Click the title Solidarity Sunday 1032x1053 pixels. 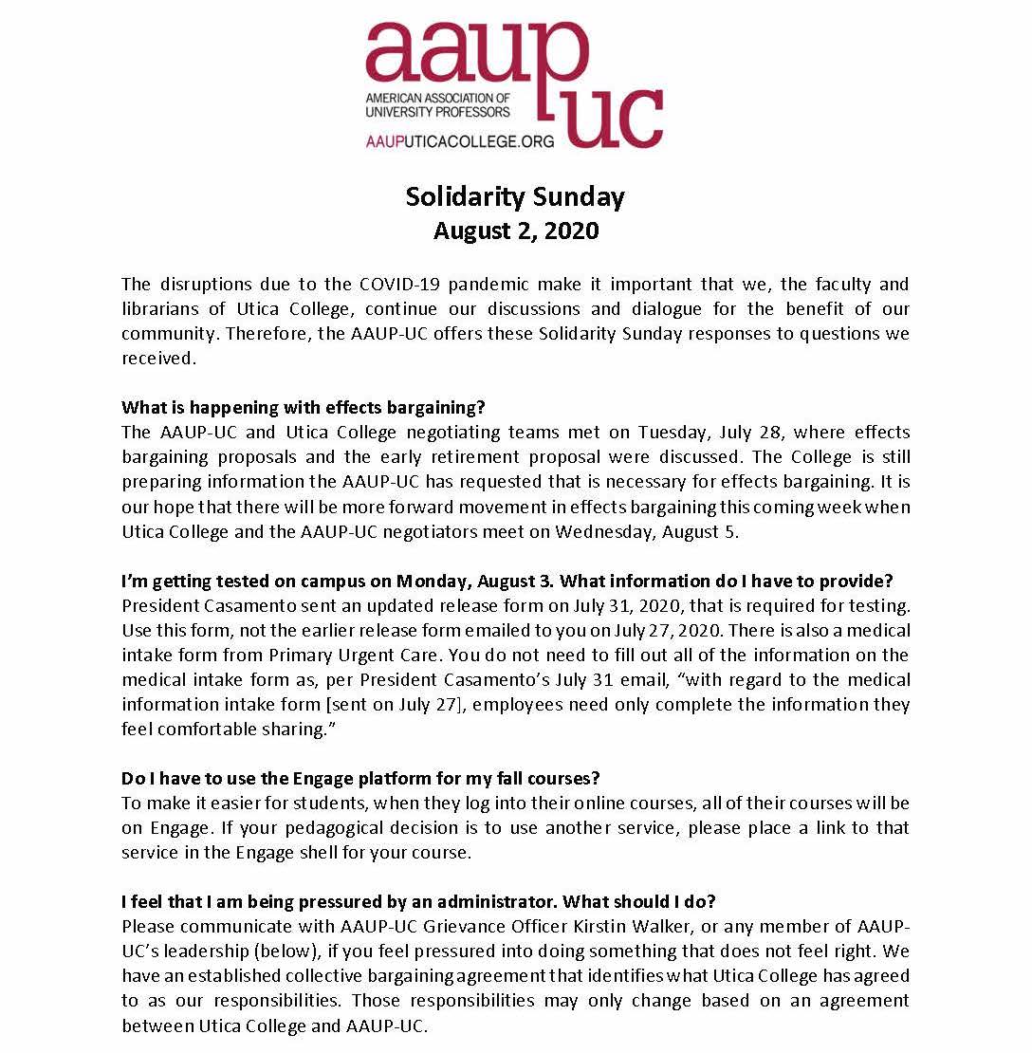[515, 196]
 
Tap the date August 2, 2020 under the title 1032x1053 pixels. [515, 231]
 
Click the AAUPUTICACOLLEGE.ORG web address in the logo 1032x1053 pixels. [447, 140]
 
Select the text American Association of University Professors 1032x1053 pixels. [437, 105]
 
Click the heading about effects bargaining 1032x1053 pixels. [304, 408]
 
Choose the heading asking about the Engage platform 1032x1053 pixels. [360, 778]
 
